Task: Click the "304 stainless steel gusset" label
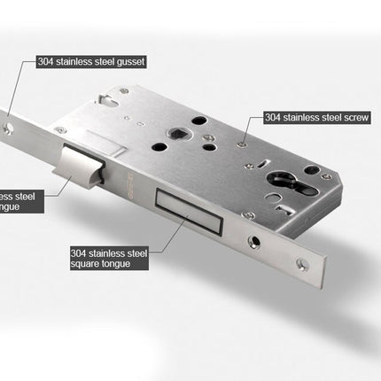[x=90, y=62]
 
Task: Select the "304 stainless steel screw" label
[x=317, y=116]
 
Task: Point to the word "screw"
[x=357, y=116]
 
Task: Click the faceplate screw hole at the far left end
[x=8, y=129]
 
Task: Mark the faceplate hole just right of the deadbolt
[x=256, y=239]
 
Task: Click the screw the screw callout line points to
[x=242, y=137]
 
